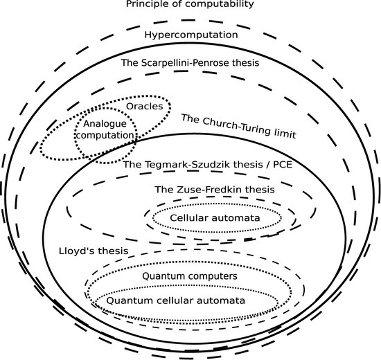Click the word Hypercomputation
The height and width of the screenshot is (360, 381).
click(191, 35)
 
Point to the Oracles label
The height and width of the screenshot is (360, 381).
click(144, 107)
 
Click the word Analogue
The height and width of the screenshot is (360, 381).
click(105, 124)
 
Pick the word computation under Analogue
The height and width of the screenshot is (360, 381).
click(105, 135)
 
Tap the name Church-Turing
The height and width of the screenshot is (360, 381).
click(235, 127)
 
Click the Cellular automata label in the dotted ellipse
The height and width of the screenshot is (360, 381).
click(215, 218)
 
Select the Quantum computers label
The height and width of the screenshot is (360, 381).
click(190, 276)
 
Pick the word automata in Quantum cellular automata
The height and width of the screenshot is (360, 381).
click(220, 300)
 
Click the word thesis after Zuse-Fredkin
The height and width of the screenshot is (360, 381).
click(260, 190)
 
